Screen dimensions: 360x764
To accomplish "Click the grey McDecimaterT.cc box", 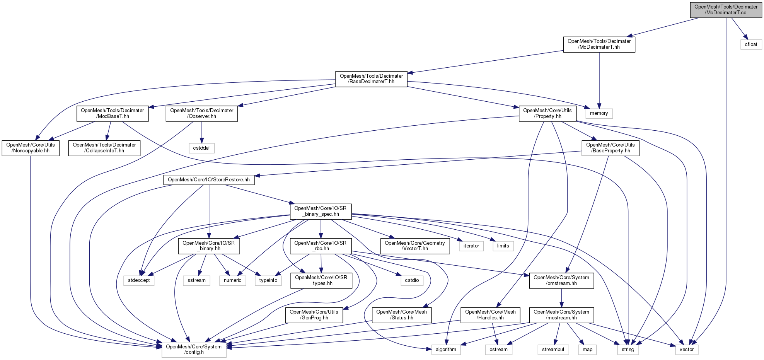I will tap(726, 10).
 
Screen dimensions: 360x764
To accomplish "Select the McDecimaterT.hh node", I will tap(599, 44).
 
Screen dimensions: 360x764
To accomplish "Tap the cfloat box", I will tap(751, 44).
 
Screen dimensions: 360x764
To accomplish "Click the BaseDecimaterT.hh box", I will tap(371, 79).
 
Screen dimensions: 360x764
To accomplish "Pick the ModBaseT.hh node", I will tap(112, 113).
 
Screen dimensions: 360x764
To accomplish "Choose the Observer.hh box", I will tap(201, 113).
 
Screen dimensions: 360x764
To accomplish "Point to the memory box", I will tap(599, 113).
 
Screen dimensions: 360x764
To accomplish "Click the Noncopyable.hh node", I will tap(31, 148).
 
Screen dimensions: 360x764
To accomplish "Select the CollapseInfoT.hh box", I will tap(104, 148).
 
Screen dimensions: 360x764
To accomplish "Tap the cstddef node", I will tap(201, 148).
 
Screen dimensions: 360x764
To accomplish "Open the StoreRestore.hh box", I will tap(209, 180).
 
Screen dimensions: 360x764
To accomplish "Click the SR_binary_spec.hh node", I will tap(321, 211).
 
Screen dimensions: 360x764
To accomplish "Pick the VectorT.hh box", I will tap(415, 246).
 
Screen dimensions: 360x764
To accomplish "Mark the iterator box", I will tap(471, 246).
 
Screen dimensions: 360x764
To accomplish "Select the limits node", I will tap(503, 246).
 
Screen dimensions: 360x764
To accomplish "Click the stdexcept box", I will tap(139, 280).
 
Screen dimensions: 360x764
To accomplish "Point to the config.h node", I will tap(194, 350).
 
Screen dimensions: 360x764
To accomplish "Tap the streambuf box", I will tap(553, 350).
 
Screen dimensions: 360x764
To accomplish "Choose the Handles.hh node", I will tap(490, 315).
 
